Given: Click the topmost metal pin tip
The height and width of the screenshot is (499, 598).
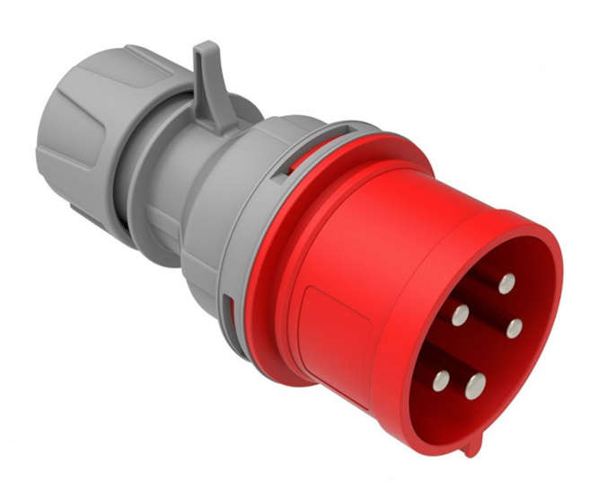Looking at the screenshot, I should (x=507, y=283).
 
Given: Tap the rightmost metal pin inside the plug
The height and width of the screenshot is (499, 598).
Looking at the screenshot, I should (x=514, y=328).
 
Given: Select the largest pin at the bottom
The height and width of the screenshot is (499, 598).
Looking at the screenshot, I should (x=474, y=386).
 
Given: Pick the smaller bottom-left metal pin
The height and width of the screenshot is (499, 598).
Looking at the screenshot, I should (x=440, y=380).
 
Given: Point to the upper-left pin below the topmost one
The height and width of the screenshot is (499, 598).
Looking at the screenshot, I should (x=460, y=315).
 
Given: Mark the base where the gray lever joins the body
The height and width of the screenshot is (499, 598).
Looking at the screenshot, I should (x=215, y=117).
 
